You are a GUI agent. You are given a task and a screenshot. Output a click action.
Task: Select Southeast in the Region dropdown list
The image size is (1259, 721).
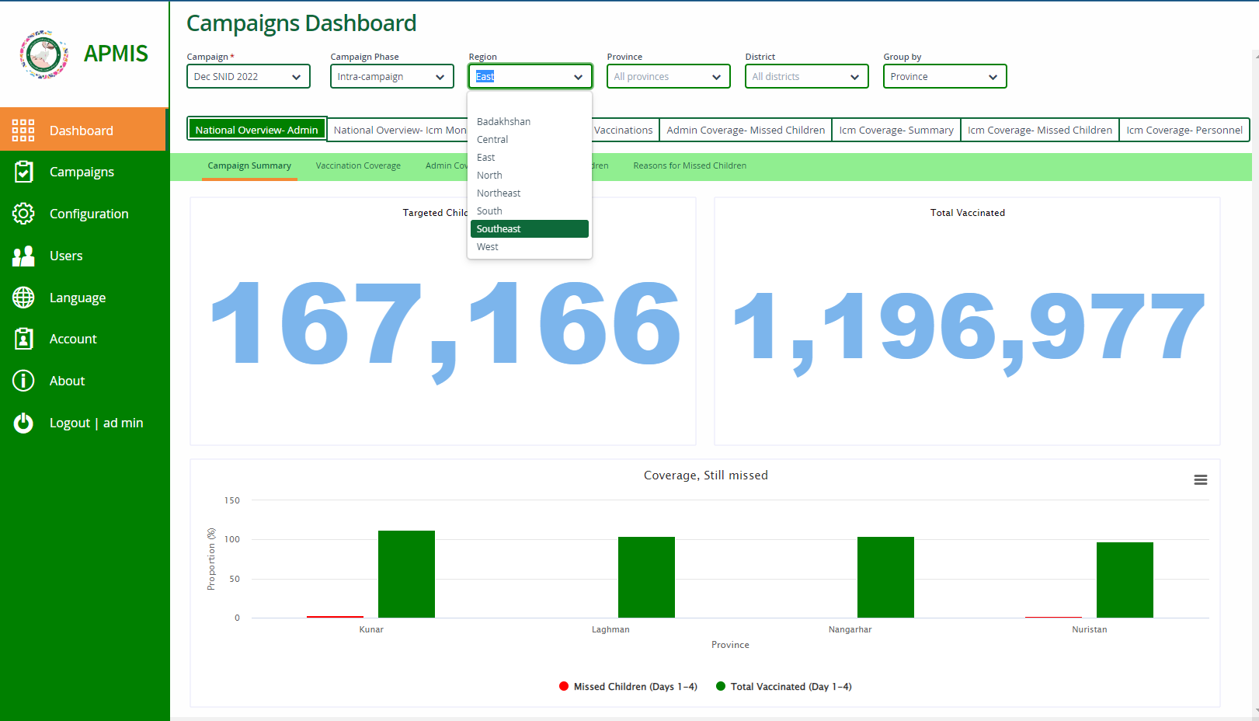[499, 229]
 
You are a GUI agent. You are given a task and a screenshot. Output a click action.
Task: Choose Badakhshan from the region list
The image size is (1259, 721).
[503, 122]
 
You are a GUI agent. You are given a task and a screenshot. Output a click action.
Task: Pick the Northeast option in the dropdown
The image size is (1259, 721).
[499, 193]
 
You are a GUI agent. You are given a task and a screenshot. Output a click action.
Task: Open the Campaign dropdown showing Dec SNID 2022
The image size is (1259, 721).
[248, 77]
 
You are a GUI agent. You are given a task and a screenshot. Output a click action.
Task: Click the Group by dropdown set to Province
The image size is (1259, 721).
[944, 77]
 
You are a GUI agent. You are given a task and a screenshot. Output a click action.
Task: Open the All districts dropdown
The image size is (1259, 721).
[806, 77]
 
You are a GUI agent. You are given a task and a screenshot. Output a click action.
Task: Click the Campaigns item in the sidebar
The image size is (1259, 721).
[82, 172]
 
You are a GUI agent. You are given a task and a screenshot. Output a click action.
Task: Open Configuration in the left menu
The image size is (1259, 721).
[89, 214]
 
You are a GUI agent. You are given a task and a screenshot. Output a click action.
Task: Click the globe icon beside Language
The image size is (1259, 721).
[23, 298]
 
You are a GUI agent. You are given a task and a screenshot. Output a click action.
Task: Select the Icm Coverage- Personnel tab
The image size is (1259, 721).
[1184, 131]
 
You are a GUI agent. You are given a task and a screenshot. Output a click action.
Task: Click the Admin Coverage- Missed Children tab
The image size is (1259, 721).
[746, 131]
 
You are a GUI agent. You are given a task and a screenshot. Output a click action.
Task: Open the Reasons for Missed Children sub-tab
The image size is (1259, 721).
[690, 165]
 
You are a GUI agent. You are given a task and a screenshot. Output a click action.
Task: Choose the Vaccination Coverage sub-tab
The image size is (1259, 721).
[358, 165]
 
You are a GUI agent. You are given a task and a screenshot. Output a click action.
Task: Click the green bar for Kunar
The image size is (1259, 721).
[406, 574]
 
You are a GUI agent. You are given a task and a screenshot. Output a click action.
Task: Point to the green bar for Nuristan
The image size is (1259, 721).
[1125, 580]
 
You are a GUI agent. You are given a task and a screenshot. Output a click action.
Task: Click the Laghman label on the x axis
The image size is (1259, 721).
[610, 629]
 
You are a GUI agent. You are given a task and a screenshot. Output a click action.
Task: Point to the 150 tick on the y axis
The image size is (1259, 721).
[231, 500]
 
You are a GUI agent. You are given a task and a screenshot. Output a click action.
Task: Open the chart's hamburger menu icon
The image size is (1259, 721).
[1200, 480]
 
